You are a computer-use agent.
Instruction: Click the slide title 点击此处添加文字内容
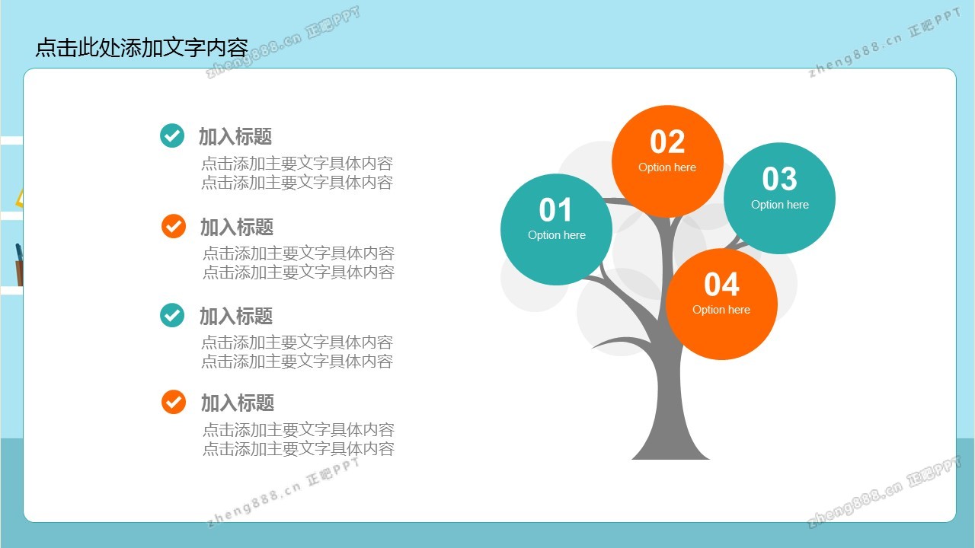point(142,47)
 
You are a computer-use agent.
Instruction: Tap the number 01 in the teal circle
point(555,210)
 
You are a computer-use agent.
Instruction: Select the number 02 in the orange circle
point(667,142)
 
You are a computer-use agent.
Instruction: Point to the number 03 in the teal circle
point(779,179)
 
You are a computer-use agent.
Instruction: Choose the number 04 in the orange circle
point(721,285)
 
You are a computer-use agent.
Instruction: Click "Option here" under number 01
point(557,235)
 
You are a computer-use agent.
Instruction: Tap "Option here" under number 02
point(667,167)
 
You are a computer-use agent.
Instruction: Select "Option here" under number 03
point(779,205)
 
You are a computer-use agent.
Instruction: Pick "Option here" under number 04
point(721,310)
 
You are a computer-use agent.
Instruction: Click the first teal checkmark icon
point(172,135)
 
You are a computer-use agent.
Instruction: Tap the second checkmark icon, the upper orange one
point(174,226)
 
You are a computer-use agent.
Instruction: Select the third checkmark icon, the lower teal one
point(172,315)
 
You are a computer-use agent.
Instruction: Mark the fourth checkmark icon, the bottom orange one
point(174,402)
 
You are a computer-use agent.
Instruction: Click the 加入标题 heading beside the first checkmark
point(235,136)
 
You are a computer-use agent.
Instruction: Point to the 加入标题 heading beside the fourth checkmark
point(238,403)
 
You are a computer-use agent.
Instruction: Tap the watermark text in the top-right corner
point(884,43)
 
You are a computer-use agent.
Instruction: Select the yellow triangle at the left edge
point(19,198)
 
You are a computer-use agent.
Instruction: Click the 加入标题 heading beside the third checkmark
point(236,316)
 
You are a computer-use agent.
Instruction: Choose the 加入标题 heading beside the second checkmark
point(237,228)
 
